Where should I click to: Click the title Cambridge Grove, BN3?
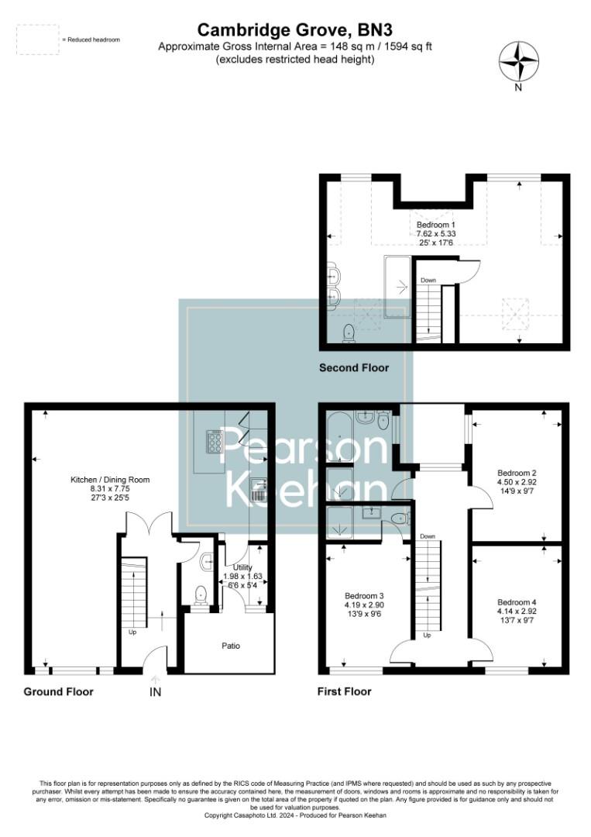click(295, 29)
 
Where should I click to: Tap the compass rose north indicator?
click(519, 61)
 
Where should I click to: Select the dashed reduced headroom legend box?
click(37, 40)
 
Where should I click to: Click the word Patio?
click(230, 645)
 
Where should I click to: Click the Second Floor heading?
click(354, 367)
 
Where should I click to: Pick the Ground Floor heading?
click(59, 691)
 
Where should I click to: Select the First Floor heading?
click(345, 691)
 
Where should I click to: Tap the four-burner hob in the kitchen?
click(213, 442)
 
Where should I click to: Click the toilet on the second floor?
click(349, 333)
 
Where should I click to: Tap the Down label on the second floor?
click(428, 280)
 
